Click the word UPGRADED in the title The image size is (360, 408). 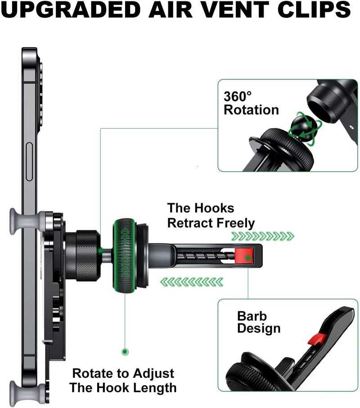pos(71,9)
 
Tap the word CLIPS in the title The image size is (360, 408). pos(314,9)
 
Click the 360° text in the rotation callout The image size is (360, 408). pos(238,96)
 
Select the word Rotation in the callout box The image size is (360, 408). pos(251,110)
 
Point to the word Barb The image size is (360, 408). pos(252,316)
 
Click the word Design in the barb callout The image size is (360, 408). pos(259,328)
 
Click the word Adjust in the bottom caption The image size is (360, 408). pos(153,374)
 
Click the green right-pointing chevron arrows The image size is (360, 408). pos(263,237)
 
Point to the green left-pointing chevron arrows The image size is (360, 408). pos(192,282)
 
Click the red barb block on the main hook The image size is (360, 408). pos(244,256)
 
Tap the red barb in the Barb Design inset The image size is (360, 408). pos(317,339)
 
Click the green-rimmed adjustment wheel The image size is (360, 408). pos(124,256)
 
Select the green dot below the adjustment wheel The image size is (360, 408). pos(125,352)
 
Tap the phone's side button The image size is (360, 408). pos(29,161)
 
